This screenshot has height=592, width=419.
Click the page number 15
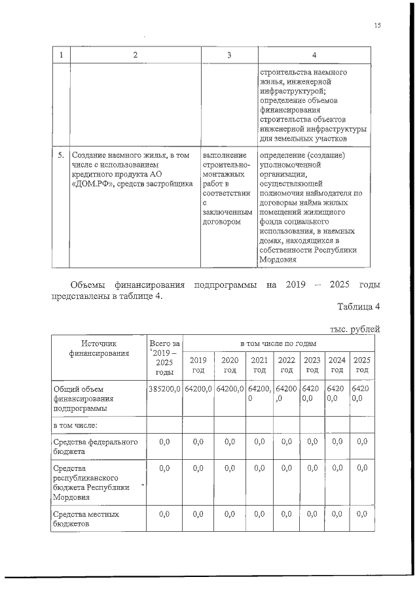pos(377,26)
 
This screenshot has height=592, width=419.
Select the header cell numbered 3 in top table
pos(228,56)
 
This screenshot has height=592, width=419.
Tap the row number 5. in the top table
pos(60,156)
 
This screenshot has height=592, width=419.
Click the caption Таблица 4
pos(358,307)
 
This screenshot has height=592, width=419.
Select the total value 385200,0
pos(164,389)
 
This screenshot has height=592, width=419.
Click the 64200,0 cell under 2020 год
pos(229,389)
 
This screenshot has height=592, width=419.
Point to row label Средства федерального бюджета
pos(95,447)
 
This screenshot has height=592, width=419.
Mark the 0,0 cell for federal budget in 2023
pos(312,443)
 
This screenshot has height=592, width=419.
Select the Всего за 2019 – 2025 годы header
pos(164,357)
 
